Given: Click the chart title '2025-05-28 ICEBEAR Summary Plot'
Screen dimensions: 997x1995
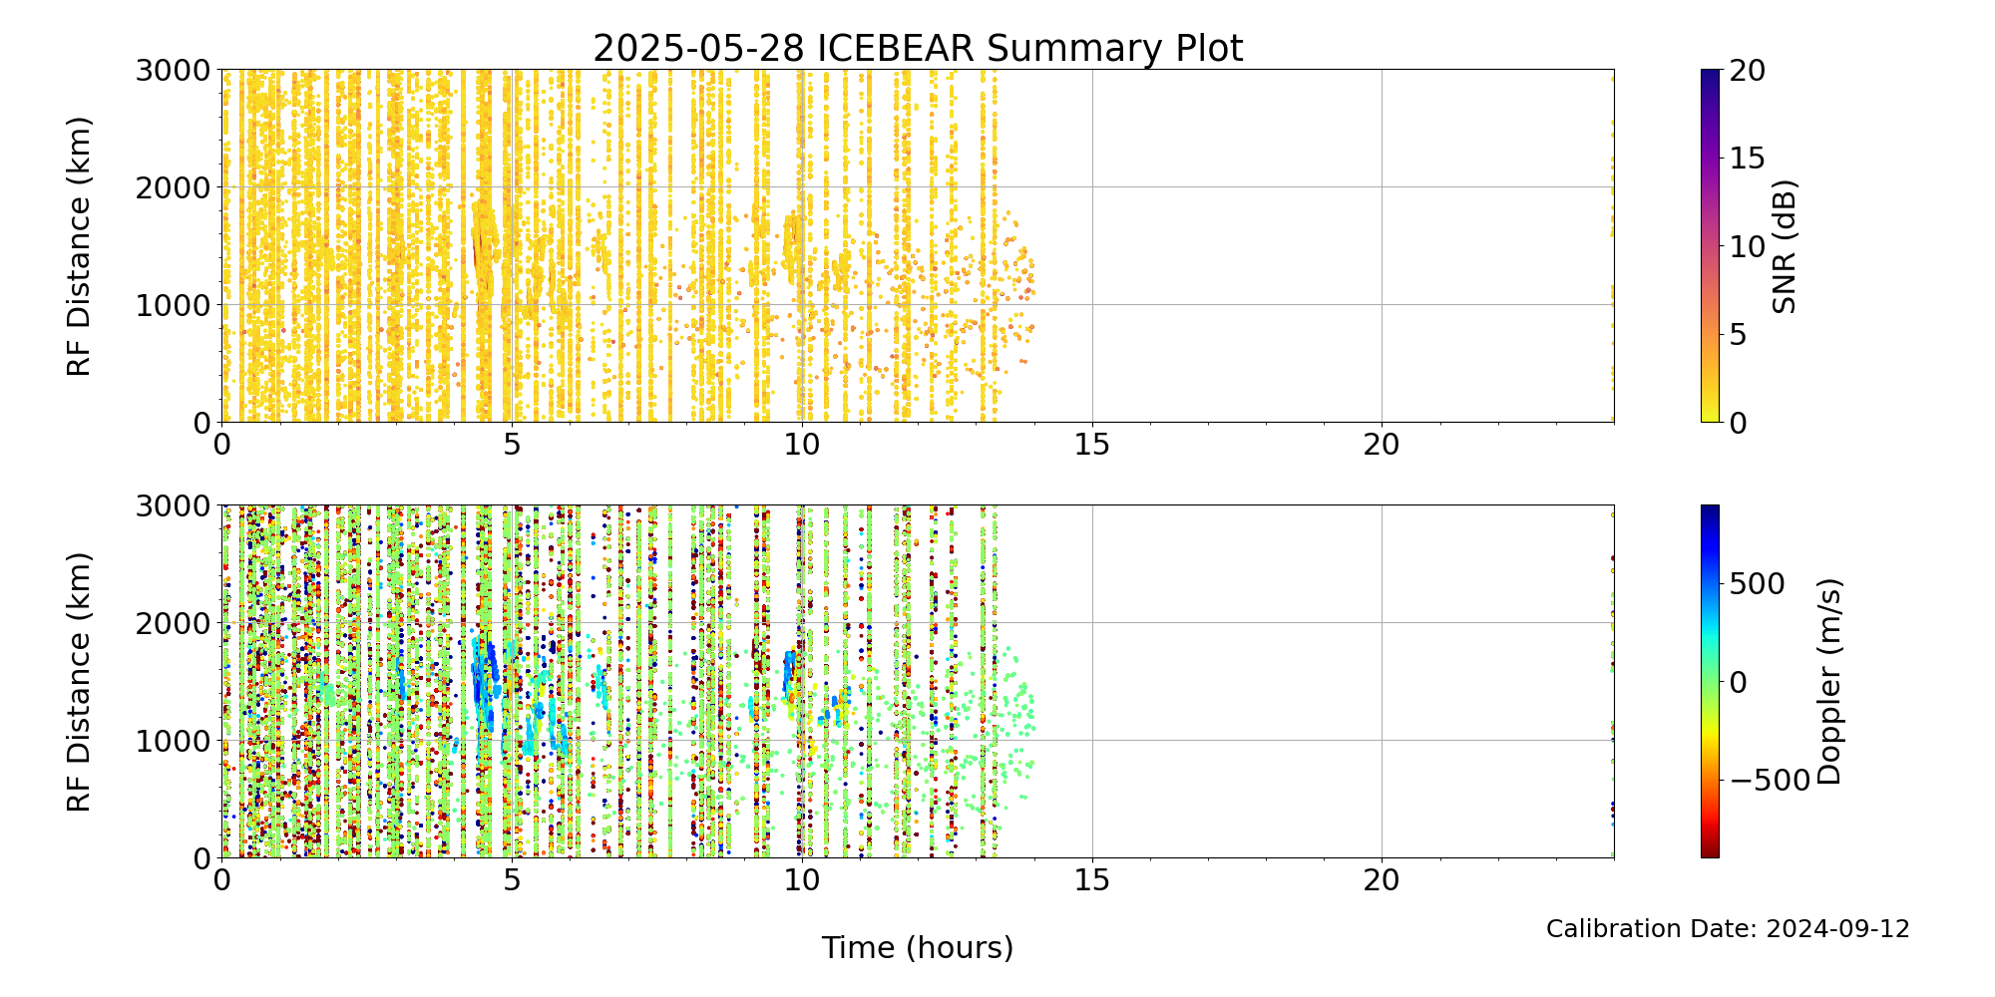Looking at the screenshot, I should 918,48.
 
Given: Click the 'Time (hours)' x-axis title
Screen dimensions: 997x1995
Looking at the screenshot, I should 918,947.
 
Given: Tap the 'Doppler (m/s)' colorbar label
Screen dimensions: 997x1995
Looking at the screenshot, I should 1829,681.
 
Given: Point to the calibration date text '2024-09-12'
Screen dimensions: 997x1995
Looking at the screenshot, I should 1837,929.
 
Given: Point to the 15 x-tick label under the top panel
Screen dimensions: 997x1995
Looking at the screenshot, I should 1092,445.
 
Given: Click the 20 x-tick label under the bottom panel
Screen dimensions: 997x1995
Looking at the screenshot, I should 1382,880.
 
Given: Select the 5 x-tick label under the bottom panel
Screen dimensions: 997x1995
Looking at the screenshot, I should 512,880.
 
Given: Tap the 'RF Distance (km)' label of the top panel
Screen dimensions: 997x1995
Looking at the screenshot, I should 79,246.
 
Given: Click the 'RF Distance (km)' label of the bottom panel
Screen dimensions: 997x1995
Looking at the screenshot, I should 79,681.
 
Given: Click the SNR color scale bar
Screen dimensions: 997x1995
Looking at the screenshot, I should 1710,246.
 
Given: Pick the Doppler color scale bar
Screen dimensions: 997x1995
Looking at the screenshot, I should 1710,681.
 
